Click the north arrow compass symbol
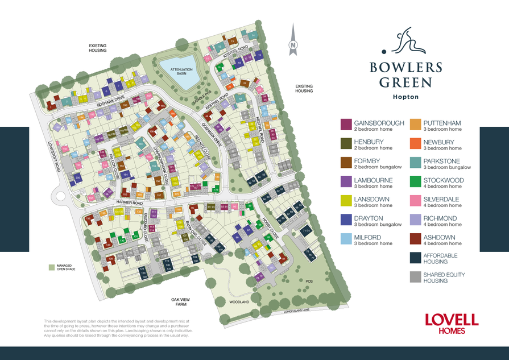(293, 41)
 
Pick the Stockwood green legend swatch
(415, 181)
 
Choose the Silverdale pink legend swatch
(415, 201)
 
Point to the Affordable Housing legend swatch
(415, 258)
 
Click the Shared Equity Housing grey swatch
(415, 277)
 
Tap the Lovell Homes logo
(452, 323)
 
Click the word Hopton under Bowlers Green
(405, 97)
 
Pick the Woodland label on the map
(239, 303)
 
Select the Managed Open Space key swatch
(51, 267)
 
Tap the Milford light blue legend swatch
(346, 239)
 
